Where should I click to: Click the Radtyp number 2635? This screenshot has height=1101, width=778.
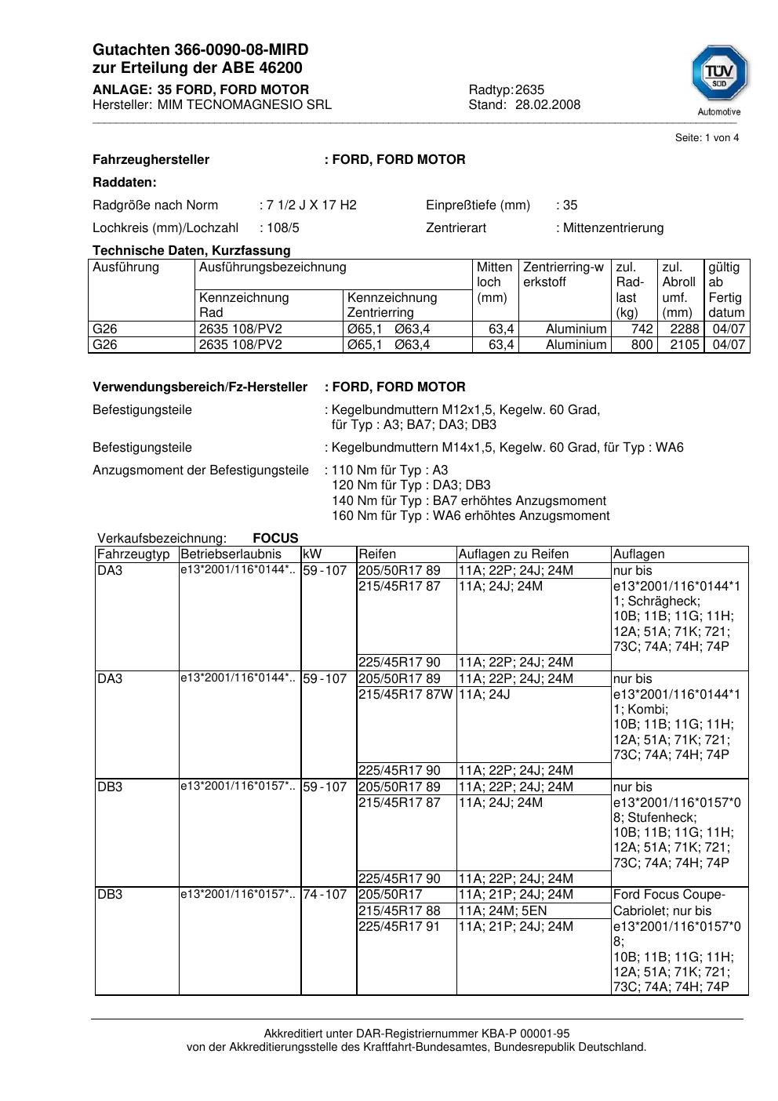(529, 90)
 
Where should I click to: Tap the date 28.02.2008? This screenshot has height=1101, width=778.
(547, 105)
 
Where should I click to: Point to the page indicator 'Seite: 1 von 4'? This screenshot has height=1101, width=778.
(707, 138)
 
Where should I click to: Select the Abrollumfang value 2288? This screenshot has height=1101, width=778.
(684, 329)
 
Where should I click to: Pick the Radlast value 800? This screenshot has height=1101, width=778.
(642, 345)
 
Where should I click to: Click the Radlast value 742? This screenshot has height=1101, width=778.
(642, 329)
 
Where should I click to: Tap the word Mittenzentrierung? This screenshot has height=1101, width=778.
(613, 228)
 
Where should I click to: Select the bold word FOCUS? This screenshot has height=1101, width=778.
(275, 539)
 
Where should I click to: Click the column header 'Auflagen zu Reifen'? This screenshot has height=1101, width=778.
(513, 554)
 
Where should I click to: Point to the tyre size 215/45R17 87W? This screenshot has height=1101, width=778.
(405, 694)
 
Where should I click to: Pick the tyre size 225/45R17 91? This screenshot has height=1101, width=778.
(399, 927)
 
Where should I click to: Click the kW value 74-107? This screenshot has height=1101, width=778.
(325, 895)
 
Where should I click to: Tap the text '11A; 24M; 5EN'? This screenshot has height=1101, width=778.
(503, 911)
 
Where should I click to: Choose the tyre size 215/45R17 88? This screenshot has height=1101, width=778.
(399, 911)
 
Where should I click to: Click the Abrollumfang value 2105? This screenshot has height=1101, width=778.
(684, 345)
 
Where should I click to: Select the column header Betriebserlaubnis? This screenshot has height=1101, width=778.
(231, 554)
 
